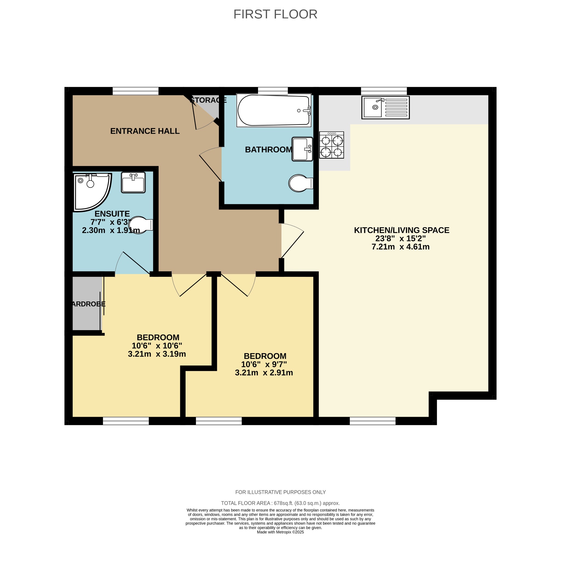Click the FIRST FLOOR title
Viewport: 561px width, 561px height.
pos(275,14)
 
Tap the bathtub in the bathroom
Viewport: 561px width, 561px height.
pos(273,110)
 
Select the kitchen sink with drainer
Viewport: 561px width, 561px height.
pos(385,107)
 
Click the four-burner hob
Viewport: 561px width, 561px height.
pos(331,145)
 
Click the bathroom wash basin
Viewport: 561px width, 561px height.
pos(302,149)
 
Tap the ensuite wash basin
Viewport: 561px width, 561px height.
pos(133,182)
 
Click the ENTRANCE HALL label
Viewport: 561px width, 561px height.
pos(145,131)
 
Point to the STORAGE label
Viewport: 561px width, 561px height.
pos(208,100)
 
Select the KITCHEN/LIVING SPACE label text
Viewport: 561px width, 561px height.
pos(401,230)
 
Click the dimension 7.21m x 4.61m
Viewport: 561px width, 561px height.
pos(400,247)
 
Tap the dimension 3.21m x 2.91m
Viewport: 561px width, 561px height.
pos(264,373)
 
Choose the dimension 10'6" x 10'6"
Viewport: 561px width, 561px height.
pos(157,345)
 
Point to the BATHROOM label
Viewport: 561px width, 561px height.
pos(268,150)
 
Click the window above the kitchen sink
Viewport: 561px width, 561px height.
pos(383,91)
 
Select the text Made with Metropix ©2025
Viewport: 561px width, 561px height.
pos(280,532)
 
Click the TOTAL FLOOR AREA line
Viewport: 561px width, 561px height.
pos(280,503)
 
